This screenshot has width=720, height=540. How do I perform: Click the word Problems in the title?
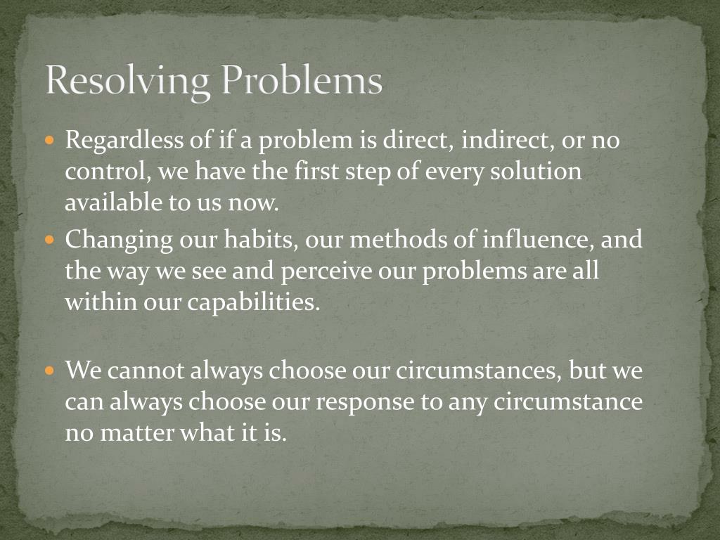pos(302,81)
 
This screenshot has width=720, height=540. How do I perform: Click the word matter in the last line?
pos(138,433)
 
